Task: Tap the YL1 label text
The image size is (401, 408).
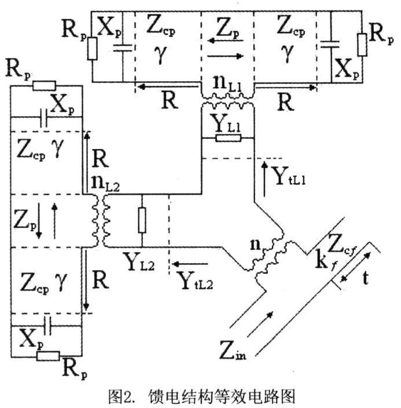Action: click(x=227, y=123)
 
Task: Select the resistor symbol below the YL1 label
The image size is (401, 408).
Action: click(x=228, y=138)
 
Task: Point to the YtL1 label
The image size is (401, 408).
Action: click(x=288, y=176)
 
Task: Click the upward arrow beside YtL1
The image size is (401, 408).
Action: click(x=264, y=178)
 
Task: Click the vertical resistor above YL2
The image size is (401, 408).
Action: click(x=142, y=220)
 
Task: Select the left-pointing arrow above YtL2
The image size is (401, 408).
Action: click(x=190, y=264)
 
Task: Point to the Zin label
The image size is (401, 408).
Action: click(x=233, y=349)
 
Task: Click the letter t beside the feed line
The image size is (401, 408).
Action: click(x=365, y=278)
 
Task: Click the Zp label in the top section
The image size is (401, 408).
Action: click(x=227, y=28)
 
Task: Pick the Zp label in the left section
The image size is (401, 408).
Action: click(x=24, y=220)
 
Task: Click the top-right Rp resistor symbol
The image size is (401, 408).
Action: click(x=362, y=45)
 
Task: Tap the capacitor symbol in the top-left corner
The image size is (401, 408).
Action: click(x=123, y=48)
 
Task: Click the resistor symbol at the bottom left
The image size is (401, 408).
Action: click(x=48, y=356)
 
